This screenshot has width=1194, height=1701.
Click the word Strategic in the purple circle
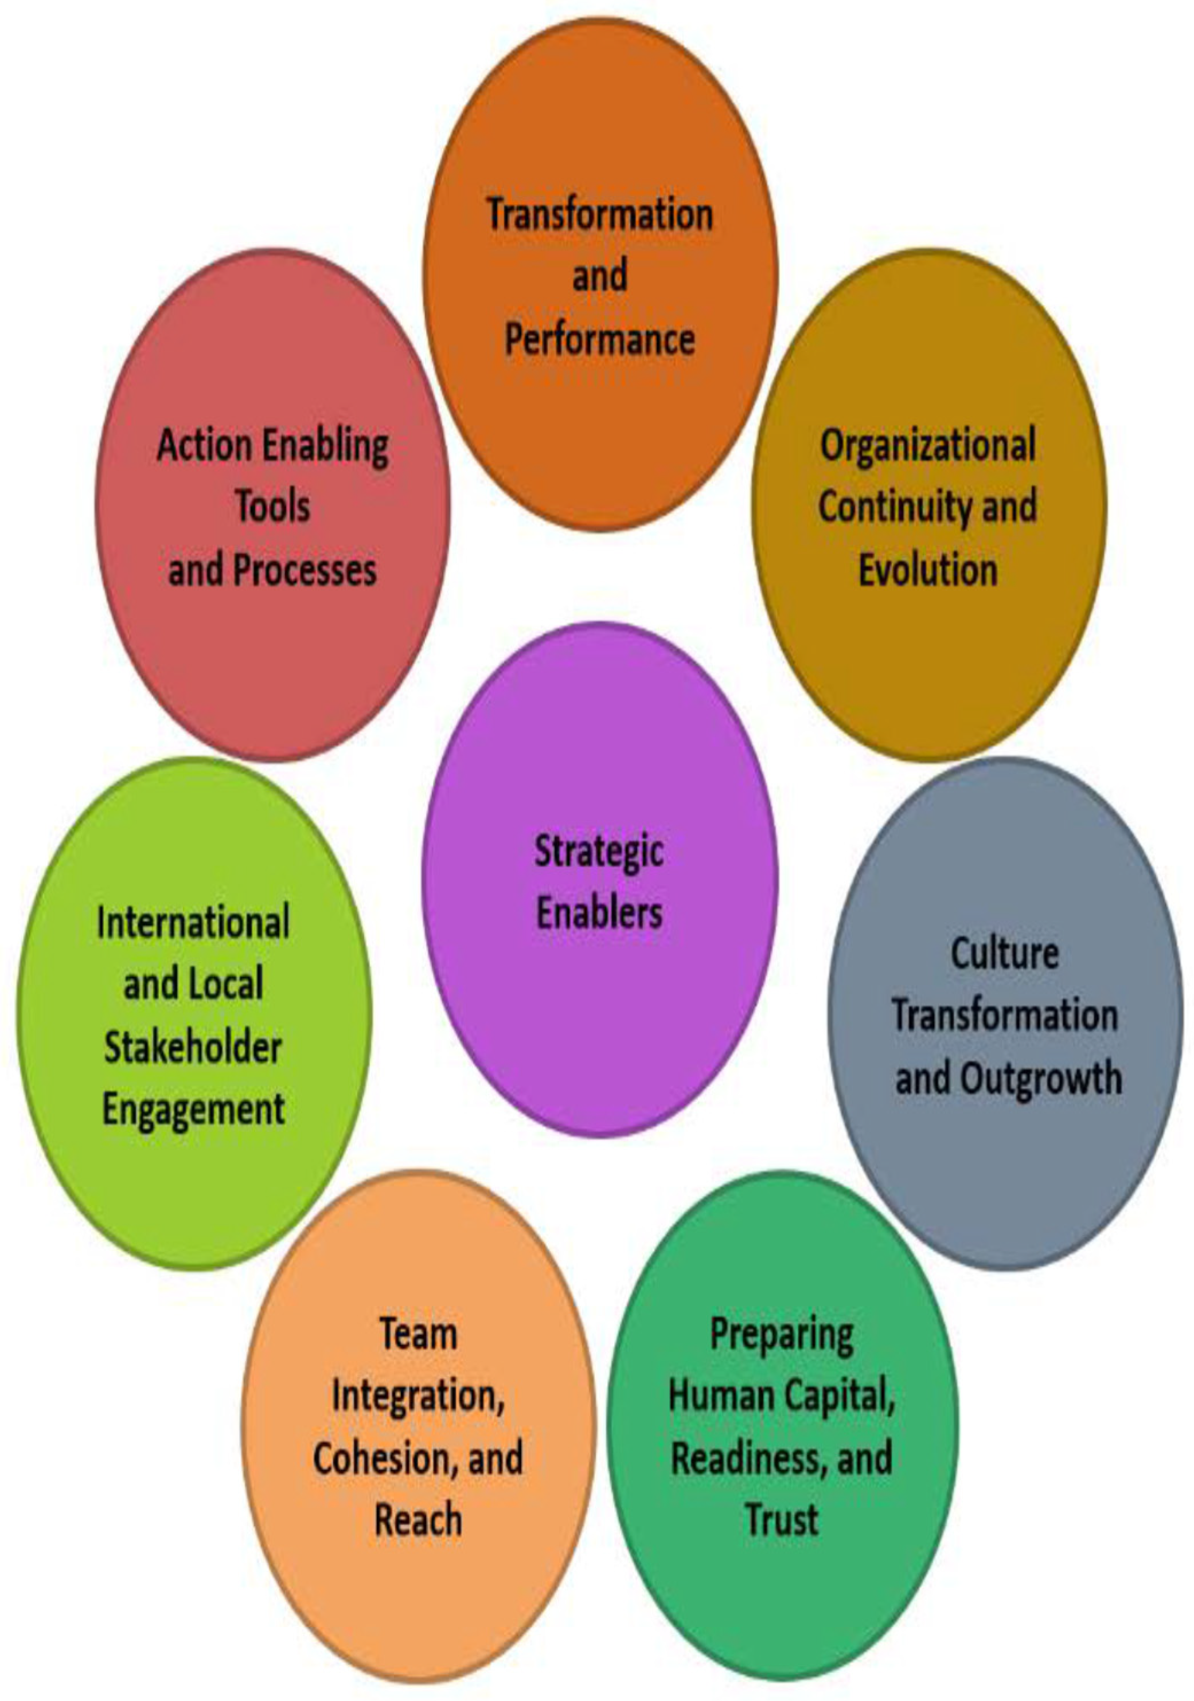click(x=598, y=852)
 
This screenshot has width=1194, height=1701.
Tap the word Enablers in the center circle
click(x=598, y=913)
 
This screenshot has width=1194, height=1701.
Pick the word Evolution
click(x=928, y=570)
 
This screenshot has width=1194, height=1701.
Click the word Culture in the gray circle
click(x=1004, y=954)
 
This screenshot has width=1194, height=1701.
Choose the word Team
click(x=419, y=1334)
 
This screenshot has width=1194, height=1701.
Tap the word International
click(x=193, y=923)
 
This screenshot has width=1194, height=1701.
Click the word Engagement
click(x=193, y=1111)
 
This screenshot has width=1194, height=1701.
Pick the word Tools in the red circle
click(x=273, y=507)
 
